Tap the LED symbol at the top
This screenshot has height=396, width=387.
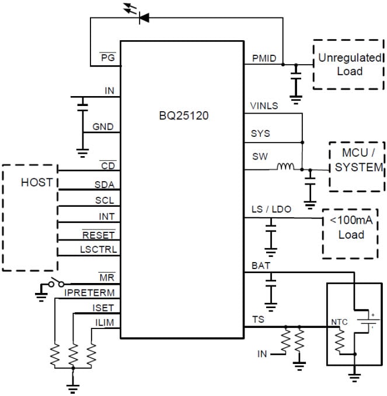click(x=142, y=17)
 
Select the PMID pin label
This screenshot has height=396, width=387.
click(x=264, y=58)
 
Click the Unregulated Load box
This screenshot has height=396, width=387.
click(x=349, y=65)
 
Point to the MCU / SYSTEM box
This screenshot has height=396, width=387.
click(x=357, y=167)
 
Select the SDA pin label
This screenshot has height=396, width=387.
click(x=105, y=185)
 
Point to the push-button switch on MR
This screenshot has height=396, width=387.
click(x=56, y=284)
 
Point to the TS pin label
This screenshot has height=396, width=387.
click(x=257, y=320)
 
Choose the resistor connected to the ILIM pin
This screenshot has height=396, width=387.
click(x=91, y=353)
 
